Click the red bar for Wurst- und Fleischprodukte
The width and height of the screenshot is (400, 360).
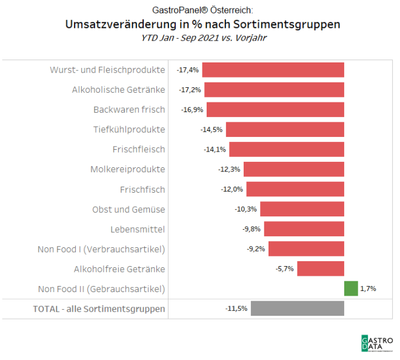[x=273, y=70]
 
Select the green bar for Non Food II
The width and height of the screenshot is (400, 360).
[x=351, y=288]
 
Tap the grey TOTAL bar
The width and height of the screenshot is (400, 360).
[x=297, y=308]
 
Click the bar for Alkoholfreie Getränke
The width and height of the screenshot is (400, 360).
[x=321, y=268]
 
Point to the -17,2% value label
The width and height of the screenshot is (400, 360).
[x=190, y=90]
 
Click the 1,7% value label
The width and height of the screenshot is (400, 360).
[x=368, y=288]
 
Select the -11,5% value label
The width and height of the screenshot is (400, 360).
[x=236, y=308]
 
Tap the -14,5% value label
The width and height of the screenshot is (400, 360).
[x=212, y=130]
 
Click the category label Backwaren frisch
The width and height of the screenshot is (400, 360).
[x=128, y=110]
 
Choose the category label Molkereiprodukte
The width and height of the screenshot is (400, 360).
[x=127, y=169]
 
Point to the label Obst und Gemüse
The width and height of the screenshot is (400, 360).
[x=128, y=209]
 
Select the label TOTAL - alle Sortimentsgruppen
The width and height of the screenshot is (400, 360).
[x=99, y=308]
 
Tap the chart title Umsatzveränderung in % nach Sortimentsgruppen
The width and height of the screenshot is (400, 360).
[x=202, y=24]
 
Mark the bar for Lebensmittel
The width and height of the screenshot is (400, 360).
[x=304, y=229]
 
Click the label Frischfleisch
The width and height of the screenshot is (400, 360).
[x=138, y=149]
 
